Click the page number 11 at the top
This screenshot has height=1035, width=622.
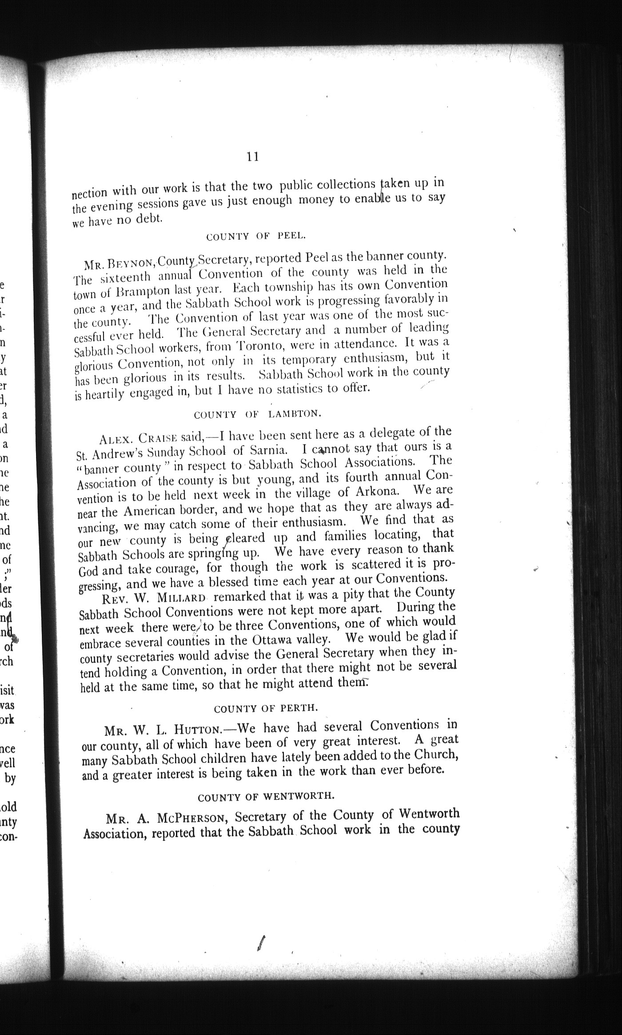[x=252, y=156]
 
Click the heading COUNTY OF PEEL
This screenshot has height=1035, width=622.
[x=256, y=236]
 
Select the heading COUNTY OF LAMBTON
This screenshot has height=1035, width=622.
[x=257, y=414]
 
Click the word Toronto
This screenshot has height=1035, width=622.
[x=261, y=345]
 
